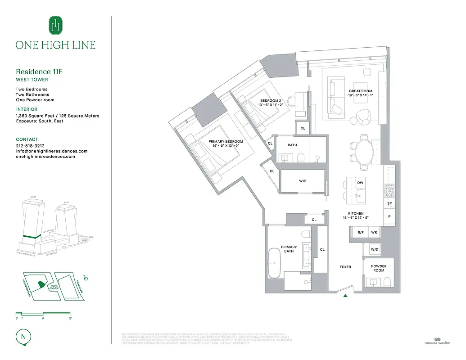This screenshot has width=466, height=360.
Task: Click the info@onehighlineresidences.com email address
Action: point(51,151)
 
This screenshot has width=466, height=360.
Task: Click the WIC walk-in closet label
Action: point(303,181)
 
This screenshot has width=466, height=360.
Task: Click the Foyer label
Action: point(345,267)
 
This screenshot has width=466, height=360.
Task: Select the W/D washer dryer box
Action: point(375,249)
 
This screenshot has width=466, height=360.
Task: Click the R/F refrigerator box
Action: point(360,233)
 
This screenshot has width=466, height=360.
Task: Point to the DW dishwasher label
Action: point(360,183)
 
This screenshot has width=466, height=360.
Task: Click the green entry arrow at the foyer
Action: point(345,296)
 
